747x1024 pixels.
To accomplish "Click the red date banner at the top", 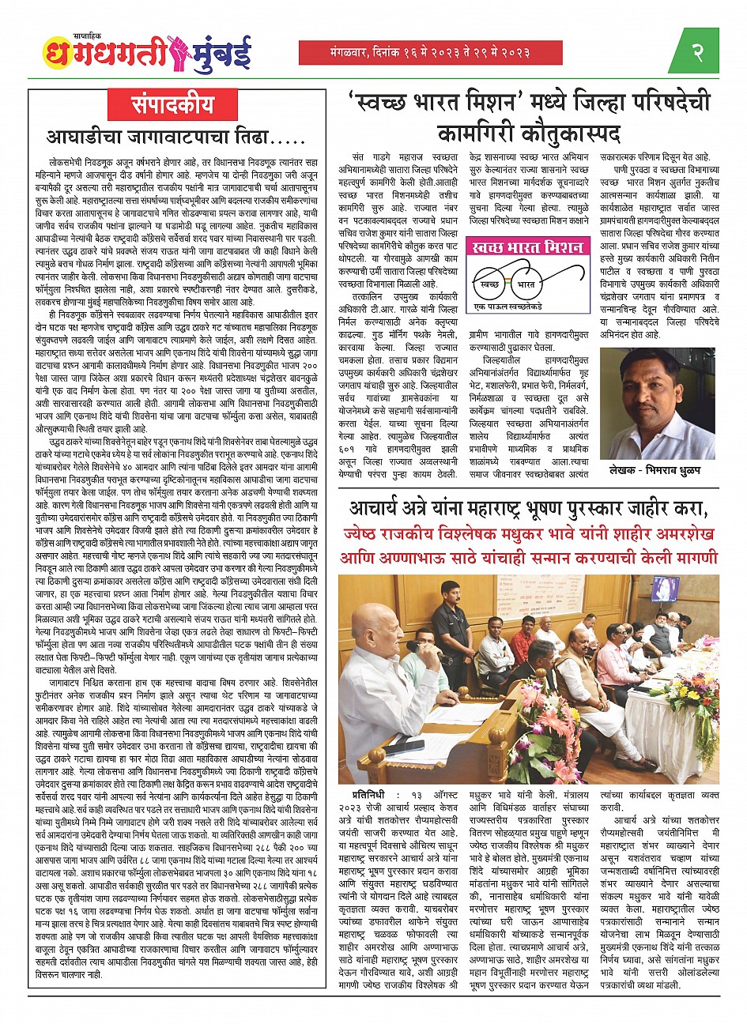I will [x=430, y=52].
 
